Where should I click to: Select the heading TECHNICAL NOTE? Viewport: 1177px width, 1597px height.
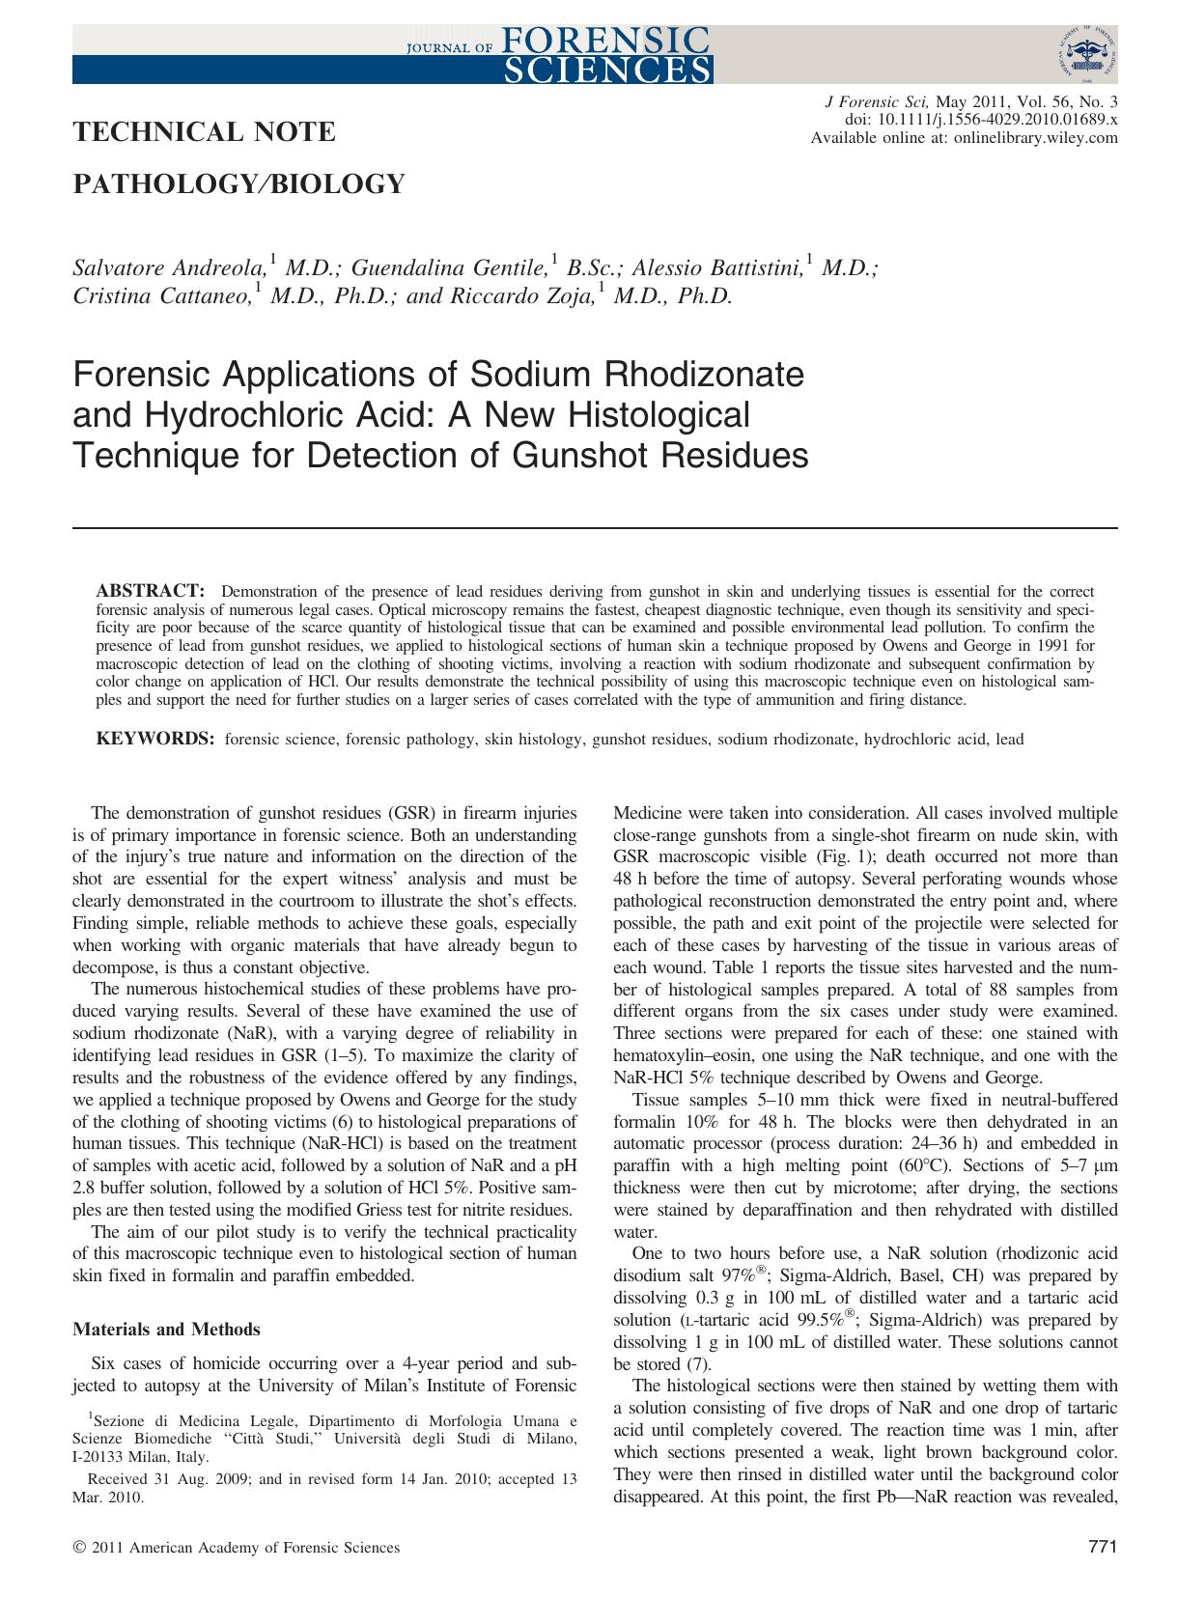(205, 131)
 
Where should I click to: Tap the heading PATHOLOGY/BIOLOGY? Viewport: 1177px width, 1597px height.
(238, 182)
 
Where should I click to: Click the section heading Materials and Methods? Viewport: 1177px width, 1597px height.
(166, 1329)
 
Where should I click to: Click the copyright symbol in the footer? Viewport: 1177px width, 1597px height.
(79, 1548)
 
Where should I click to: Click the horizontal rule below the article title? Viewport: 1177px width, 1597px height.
(595, 527)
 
